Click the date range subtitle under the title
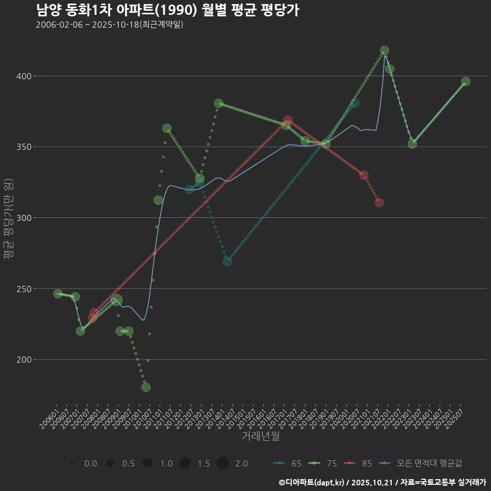(x=109, y=25)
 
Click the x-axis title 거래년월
(x=260, y=436)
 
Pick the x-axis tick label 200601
(x=49, y=419)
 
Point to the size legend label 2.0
(x=241, y=463)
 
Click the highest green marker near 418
(x=385, y=51)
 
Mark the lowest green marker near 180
(x=146, y=387)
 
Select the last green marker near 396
(x=465, y=82)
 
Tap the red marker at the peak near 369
(x=287, y=120)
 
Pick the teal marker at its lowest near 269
(x=227, y=261)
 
